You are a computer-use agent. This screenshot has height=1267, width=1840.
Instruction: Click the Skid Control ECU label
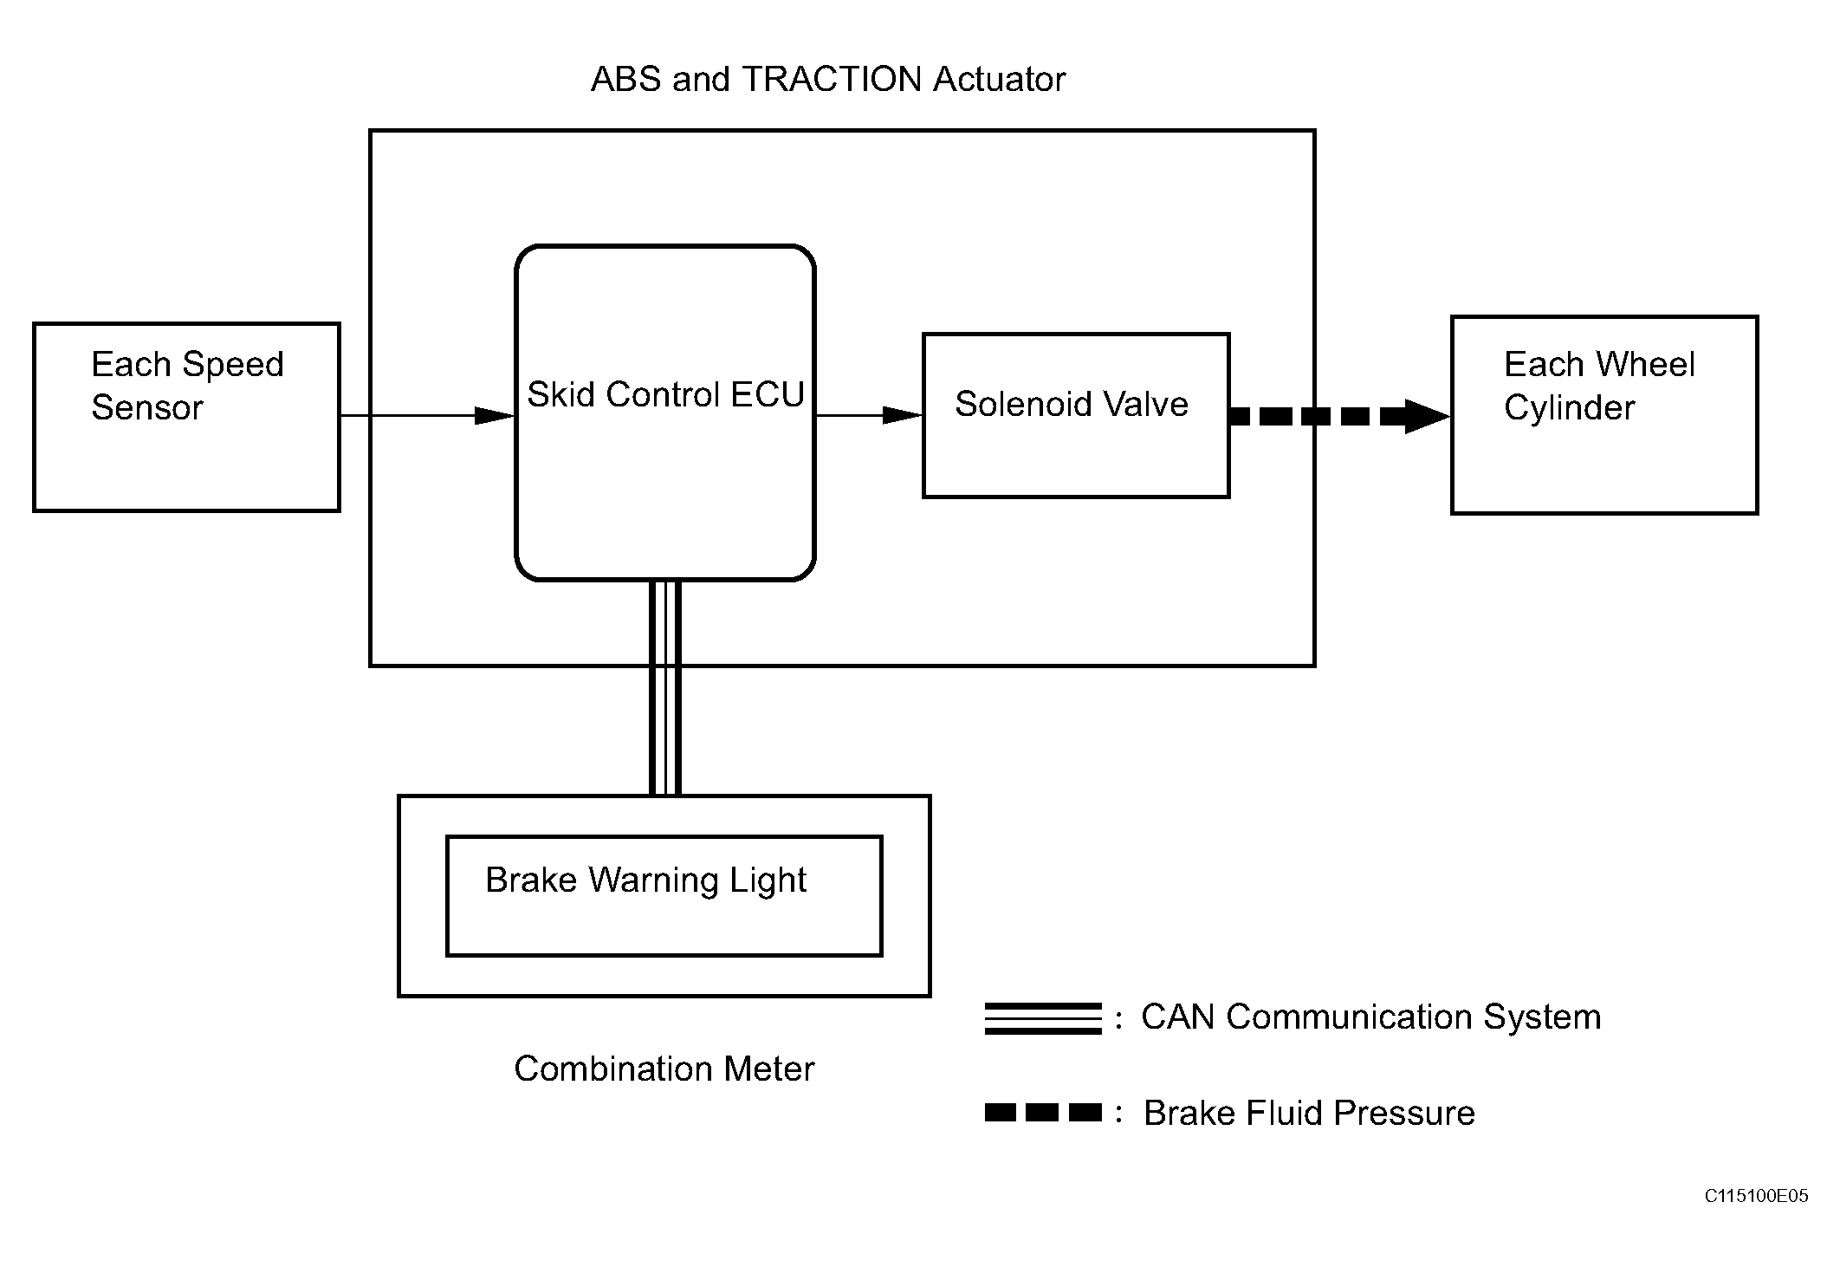pyautogui.click(x=665, y=394)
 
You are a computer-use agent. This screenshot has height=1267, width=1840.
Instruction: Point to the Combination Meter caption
pyautogui.click(x=664, y=1069)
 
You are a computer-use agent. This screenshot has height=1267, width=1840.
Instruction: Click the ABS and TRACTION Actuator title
pyautogui.click(x=827, y=79)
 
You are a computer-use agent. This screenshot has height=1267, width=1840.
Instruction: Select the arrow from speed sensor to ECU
pyautogui.click(x=428, y=416)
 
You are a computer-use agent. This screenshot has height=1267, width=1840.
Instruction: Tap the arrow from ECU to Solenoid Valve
pyautogui.click(x=869, y=416)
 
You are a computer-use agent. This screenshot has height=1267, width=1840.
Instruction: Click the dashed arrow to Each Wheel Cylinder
pyautogui.click(x=1340, y=416)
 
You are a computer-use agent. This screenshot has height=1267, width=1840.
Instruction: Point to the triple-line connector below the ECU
pyautogui.click(x=664, y=687)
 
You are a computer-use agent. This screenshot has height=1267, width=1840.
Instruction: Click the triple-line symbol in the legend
pyautogui.click(x=1043, y=1018)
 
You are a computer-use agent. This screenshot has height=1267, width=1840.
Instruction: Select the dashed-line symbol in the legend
pyautogui.click(x=1043, y=1112)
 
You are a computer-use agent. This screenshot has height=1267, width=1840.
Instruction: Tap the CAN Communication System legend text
pyautogui.click(x=1370, y=1017)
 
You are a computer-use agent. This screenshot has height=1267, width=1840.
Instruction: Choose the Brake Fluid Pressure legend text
pyautogui.click(x=1309, y=1113)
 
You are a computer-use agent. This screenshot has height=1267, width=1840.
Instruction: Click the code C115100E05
pyautogui.click(x=1756, y=1196)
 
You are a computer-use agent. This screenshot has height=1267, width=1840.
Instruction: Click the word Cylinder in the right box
pyautogui.click(x=1569, y=407)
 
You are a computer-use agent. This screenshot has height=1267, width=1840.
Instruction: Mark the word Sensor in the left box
pyautogui.click(x=147, y=407)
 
